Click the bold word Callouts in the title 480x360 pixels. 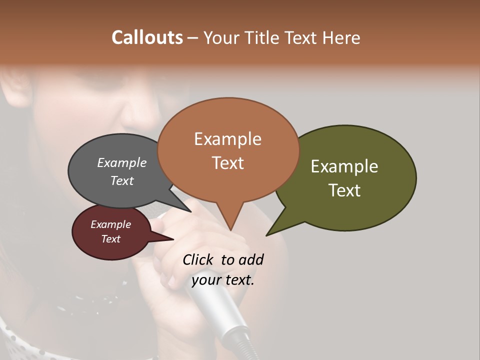(147, 37)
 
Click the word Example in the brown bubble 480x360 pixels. (227, 139)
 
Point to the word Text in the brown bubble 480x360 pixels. (227, 163)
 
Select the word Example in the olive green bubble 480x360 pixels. (344, 166)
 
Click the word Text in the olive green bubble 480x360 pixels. (344, 190)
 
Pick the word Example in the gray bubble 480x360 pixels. (121, 162)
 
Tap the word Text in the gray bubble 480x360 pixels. (121, 180)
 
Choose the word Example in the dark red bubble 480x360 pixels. (110, 224)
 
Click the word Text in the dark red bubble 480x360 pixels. (110, 239)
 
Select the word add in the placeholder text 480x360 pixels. (251, 259)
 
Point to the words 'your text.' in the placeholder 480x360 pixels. (222, 280)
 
